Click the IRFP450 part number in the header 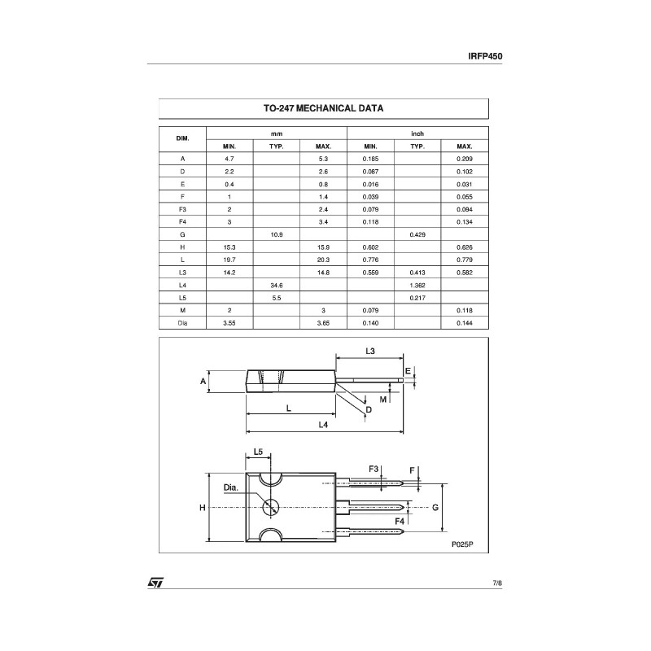coord(487,56)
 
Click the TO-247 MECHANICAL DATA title coord(323,108)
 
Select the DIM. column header coord(183,139)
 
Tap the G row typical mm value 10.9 coord(277,234)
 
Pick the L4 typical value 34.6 coord(277,285)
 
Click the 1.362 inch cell coord(417,285)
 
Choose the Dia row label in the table coord(183,323)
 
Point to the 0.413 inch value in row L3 coord(417,273)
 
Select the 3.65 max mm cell coord(324,323)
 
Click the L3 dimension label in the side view coord(369,351)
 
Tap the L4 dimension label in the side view coord(323,425)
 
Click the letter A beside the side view coord(203,381)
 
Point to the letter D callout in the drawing coord(369,409)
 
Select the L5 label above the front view coord(258,451)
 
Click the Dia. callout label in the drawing coord(231,487)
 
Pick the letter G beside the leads coord(436,507)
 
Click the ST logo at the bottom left coord(155,583)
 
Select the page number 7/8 coord(497,583)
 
